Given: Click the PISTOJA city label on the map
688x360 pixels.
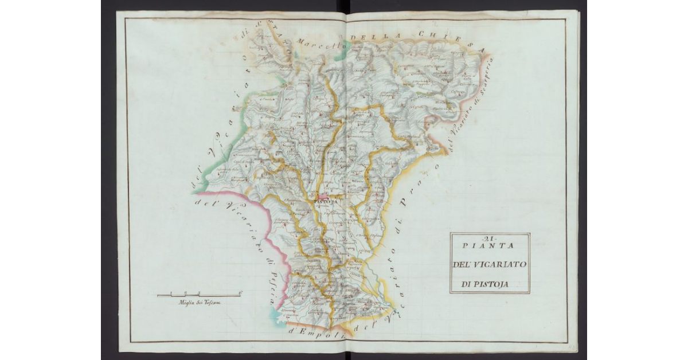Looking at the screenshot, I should coord(325,202).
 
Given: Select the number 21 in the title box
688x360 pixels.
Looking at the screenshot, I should coord(489,239).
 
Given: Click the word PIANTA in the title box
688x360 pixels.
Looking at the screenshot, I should coord(489,246).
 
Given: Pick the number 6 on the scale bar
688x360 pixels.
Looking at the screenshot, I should coord(241,292).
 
